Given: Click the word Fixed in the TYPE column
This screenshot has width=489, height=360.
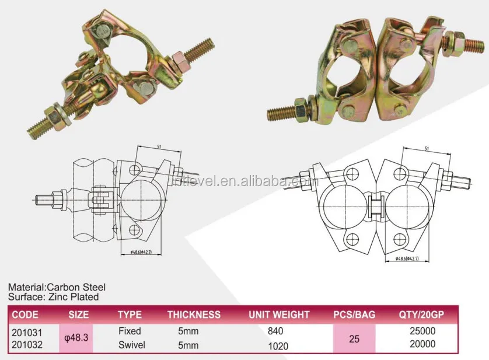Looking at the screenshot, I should pos(129,331).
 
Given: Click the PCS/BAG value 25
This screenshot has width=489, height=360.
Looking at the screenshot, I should pos(354,338).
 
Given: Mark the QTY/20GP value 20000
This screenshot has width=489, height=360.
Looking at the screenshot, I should pos(423,344).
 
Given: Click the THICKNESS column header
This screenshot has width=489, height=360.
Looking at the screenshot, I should pos(194,314).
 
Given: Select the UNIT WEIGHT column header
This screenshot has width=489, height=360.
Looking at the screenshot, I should pos(279,314).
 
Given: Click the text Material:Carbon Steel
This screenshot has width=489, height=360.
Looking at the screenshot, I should pos(56,288).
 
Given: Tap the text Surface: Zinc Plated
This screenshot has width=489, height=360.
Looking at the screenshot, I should pos(53,296).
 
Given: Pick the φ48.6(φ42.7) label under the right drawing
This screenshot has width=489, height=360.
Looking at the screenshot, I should pos(407,258).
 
